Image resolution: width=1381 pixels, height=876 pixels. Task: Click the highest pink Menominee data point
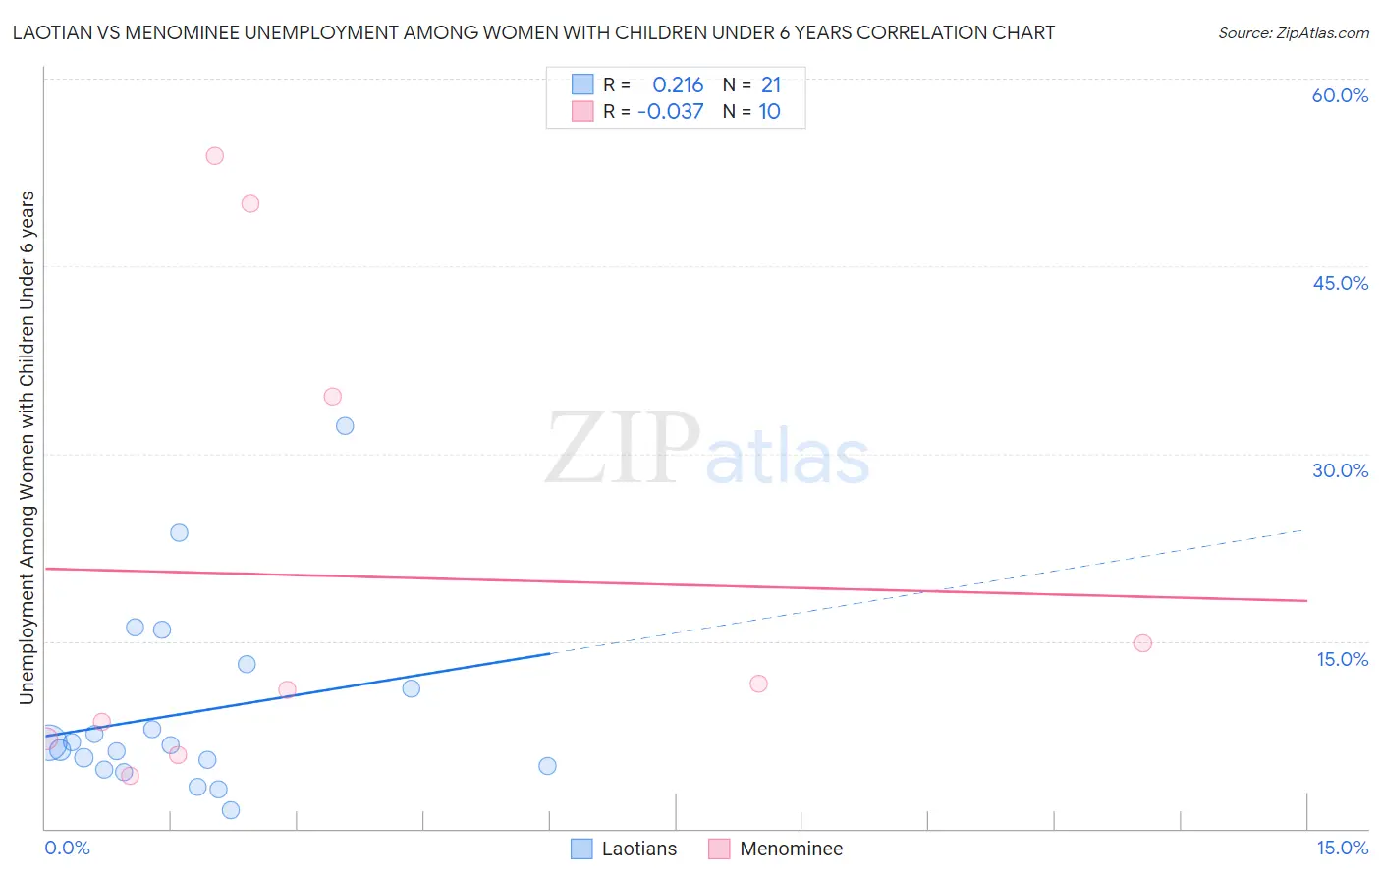point(215,156)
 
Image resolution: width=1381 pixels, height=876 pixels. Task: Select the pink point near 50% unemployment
point(250,204)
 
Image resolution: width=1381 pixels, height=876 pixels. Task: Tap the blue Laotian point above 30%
point(345,426)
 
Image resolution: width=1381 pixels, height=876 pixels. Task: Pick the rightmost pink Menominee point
point(1142,643)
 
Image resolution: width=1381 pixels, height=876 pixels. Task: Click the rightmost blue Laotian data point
point(548,766)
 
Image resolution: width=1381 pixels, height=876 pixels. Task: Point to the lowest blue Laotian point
point(231,810)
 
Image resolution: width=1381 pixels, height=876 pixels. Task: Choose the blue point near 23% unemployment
point(179,533)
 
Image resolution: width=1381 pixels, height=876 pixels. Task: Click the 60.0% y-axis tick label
point(1340,95)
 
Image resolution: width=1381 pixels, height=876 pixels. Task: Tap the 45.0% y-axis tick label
point(1340,283)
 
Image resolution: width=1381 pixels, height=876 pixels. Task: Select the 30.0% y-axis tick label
point(1340,470)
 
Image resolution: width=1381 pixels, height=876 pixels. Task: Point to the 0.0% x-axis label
point(67,848)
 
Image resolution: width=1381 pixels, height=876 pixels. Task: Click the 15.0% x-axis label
point(1342,848)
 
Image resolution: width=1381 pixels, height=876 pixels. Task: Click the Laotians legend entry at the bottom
point(638,849)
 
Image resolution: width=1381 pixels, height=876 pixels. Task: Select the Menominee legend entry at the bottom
point(791,849)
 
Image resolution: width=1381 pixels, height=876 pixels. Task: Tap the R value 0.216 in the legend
point(678,85)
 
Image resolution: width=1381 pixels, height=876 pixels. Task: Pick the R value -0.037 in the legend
point(671,112)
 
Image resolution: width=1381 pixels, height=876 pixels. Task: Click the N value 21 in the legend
point(771,85)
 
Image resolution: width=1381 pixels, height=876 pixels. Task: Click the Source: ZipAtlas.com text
point(1294,33)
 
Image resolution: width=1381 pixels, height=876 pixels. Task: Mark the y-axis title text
point(28,447)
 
